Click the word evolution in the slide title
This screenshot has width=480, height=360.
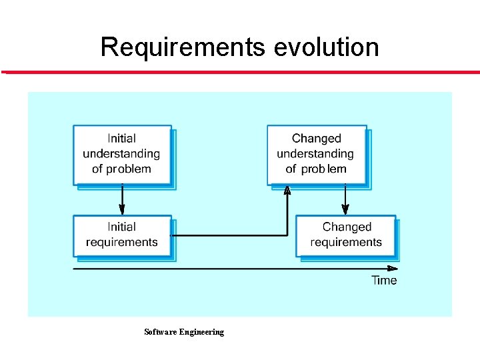pos(327,47)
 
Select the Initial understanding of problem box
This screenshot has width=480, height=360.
pos(122,154)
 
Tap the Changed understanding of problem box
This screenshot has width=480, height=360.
pos(317,154)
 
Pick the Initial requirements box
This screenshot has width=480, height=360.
pos(122,235)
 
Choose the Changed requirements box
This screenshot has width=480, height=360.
pos(346,235)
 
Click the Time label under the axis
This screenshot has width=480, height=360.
pos(384,280)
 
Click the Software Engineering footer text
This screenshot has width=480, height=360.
pos(184,332)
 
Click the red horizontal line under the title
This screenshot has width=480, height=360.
pos(240,72)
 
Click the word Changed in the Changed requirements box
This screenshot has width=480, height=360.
pos(347,227)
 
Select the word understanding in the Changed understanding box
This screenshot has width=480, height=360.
pos(316,154)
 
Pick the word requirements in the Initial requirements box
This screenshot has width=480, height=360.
pos(122,242)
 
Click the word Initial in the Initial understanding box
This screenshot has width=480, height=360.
pos(121,139)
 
